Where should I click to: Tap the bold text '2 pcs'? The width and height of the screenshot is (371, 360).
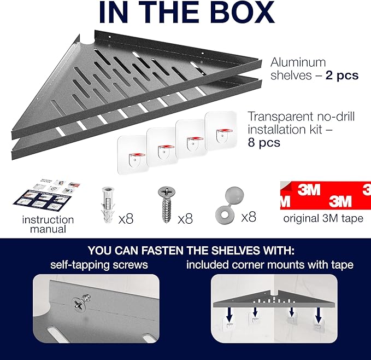(x=342, y=76)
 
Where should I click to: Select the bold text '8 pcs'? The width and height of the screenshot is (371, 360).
(x=264, y=143)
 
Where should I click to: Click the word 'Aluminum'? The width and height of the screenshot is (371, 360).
(x=298, y=62)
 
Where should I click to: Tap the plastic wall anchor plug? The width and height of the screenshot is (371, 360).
(x=108, y=205)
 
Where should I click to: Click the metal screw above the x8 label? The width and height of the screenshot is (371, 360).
(x=167, y=205)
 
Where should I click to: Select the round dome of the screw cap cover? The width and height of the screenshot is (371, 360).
(x=234, y=196)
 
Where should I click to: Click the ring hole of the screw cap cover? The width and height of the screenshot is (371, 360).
(x=225, y=215)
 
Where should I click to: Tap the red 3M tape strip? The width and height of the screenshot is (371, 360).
(x=326, y=195)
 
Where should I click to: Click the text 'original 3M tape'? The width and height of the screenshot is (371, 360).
(x=323, y=218)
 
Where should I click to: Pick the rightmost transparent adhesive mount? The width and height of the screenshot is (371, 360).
(x=221, y=131)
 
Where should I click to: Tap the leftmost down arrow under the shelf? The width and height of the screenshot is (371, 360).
(x=229, y=315)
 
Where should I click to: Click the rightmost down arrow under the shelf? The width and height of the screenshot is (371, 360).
(x=319, y=315)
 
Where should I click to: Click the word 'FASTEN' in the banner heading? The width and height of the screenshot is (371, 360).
(x=162, y=251)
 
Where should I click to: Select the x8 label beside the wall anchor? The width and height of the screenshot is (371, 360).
(x=126, y=219)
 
